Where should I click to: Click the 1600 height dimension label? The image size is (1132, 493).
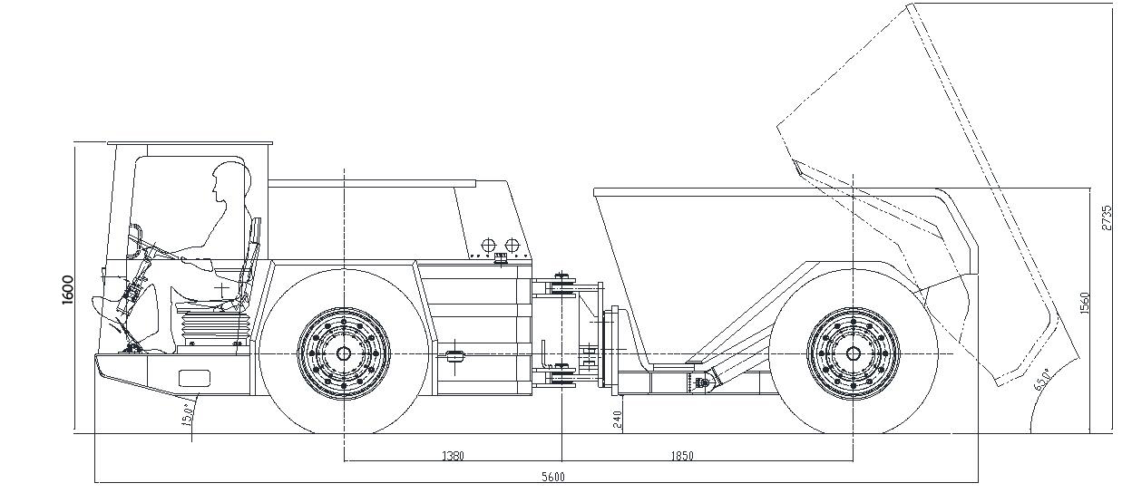[x=68, y=288]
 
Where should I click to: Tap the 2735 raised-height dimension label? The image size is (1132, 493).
[x=1107, y=218]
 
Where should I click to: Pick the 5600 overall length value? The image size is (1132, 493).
[x=552, y=477]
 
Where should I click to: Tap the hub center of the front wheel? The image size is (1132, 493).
[x=344, y=353]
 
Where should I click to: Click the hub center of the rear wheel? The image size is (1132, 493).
[x=853, y=353]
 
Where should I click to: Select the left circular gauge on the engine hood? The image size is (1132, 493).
[x=487, y=246]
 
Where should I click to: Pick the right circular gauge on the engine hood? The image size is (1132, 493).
[x=512, y=246]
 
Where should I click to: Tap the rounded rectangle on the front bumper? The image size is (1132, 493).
[x=194, y=378]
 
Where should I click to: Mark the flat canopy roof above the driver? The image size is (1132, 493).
[x=190, y=143]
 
